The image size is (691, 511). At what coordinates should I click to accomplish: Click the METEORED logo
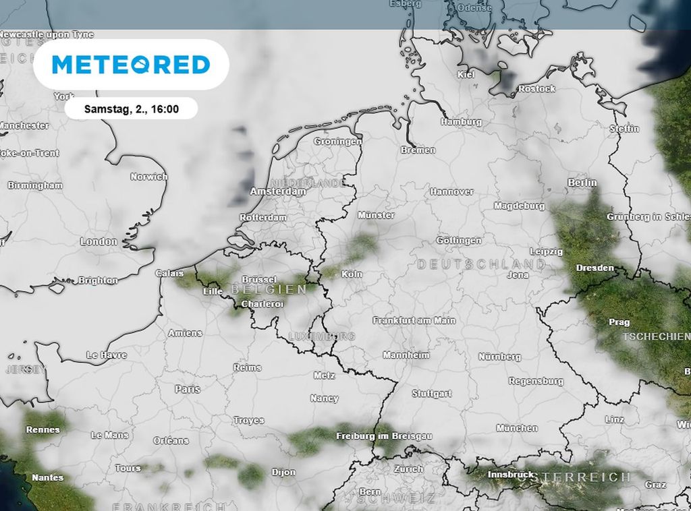pos(131,65)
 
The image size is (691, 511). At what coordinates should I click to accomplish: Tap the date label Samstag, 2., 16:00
pos(131,109)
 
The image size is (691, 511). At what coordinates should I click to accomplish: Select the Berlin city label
pos(582,183)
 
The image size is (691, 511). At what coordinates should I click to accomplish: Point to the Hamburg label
pos(461,122)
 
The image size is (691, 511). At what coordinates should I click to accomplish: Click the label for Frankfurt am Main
pos(414,321)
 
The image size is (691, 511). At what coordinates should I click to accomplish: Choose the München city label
pos(517,428)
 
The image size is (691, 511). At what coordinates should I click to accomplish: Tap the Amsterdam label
pos(277,191)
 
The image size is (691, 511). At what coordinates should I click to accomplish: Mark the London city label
pos(99,241)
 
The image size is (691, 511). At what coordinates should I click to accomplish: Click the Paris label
pos(188,389)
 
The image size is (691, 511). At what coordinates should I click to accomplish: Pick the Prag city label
pos(619,322)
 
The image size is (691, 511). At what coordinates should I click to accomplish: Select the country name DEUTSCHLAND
pos(480,264)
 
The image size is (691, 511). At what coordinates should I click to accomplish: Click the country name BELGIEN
pos(269,289)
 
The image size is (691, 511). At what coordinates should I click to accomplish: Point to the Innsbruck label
pos(511,475)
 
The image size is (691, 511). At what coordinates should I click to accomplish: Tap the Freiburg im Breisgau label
pos(384,436)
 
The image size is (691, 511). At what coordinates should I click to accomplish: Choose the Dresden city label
pos(595,268)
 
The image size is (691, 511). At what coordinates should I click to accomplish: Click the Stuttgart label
pos(431,394)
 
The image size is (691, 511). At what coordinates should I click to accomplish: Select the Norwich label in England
pos(148,177)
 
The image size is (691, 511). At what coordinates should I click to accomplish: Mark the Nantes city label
pos(47,477)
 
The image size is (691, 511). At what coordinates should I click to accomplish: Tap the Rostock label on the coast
pos(536,89)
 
